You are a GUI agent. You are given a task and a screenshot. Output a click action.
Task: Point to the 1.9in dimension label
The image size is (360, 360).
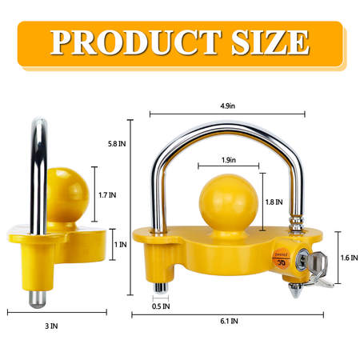(x=227, y=160)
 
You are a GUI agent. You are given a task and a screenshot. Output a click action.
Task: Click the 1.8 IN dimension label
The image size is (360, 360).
(x=273, y=202)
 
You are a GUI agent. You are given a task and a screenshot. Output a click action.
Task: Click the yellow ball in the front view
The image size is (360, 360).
(x=226, y=204)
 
